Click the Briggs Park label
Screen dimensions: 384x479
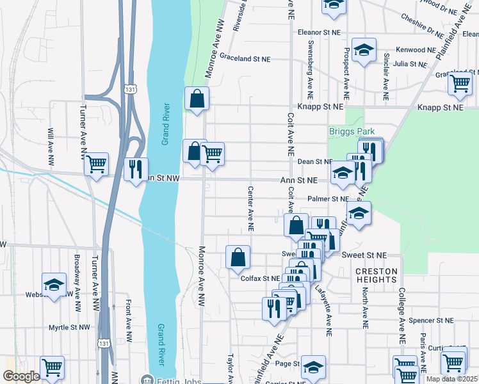[352, 131]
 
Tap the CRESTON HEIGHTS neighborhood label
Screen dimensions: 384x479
[377, 276]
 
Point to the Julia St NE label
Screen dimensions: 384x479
[410, 65]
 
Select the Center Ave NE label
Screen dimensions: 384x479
[251, 209]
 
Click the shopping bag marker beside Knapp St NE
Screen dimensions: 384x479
[196, 99]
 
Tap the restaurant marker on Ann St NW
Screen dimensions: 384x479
[134, 169]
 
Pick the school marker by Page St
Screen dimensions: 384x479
[313, 367]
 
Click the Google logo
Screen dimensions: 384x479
[22, 377]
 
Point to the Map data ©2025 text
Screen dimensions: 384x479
[451, 379]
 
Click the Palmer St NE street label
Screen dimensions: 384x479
[326, 199]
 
